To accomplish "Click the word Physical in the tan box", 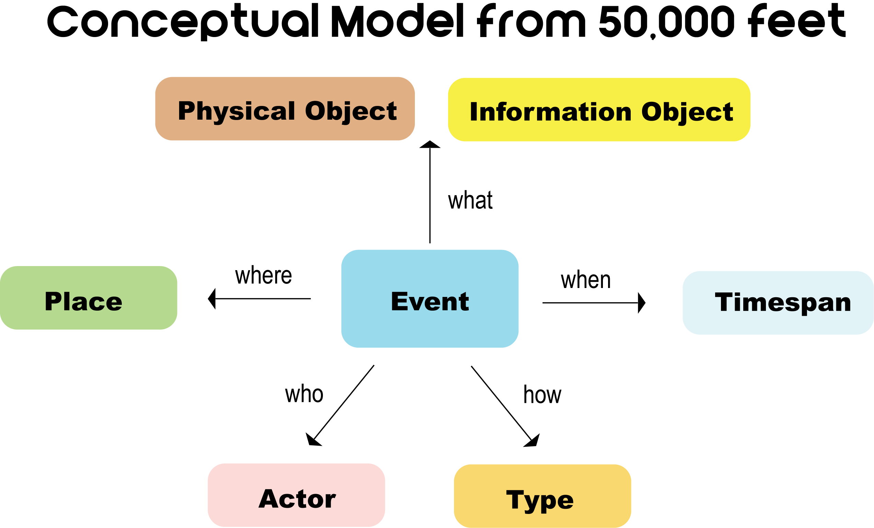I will (236, 111).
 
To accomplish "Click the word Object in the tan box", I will (351, 111).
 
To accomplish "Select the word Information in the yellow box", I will (550, 112).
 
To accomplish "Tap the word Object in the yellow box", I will (687, 112).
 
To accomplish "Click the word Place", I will (83, 302).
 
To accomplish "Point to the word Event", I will (430, 302).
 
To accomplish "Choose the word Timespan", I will (783, 303).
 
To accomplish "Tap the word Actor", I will (297, 499).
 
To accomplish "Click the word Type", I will (539, 500).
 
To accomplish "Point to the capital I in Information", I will (473, 112).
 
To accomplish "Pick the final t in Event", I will (464, 302).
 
